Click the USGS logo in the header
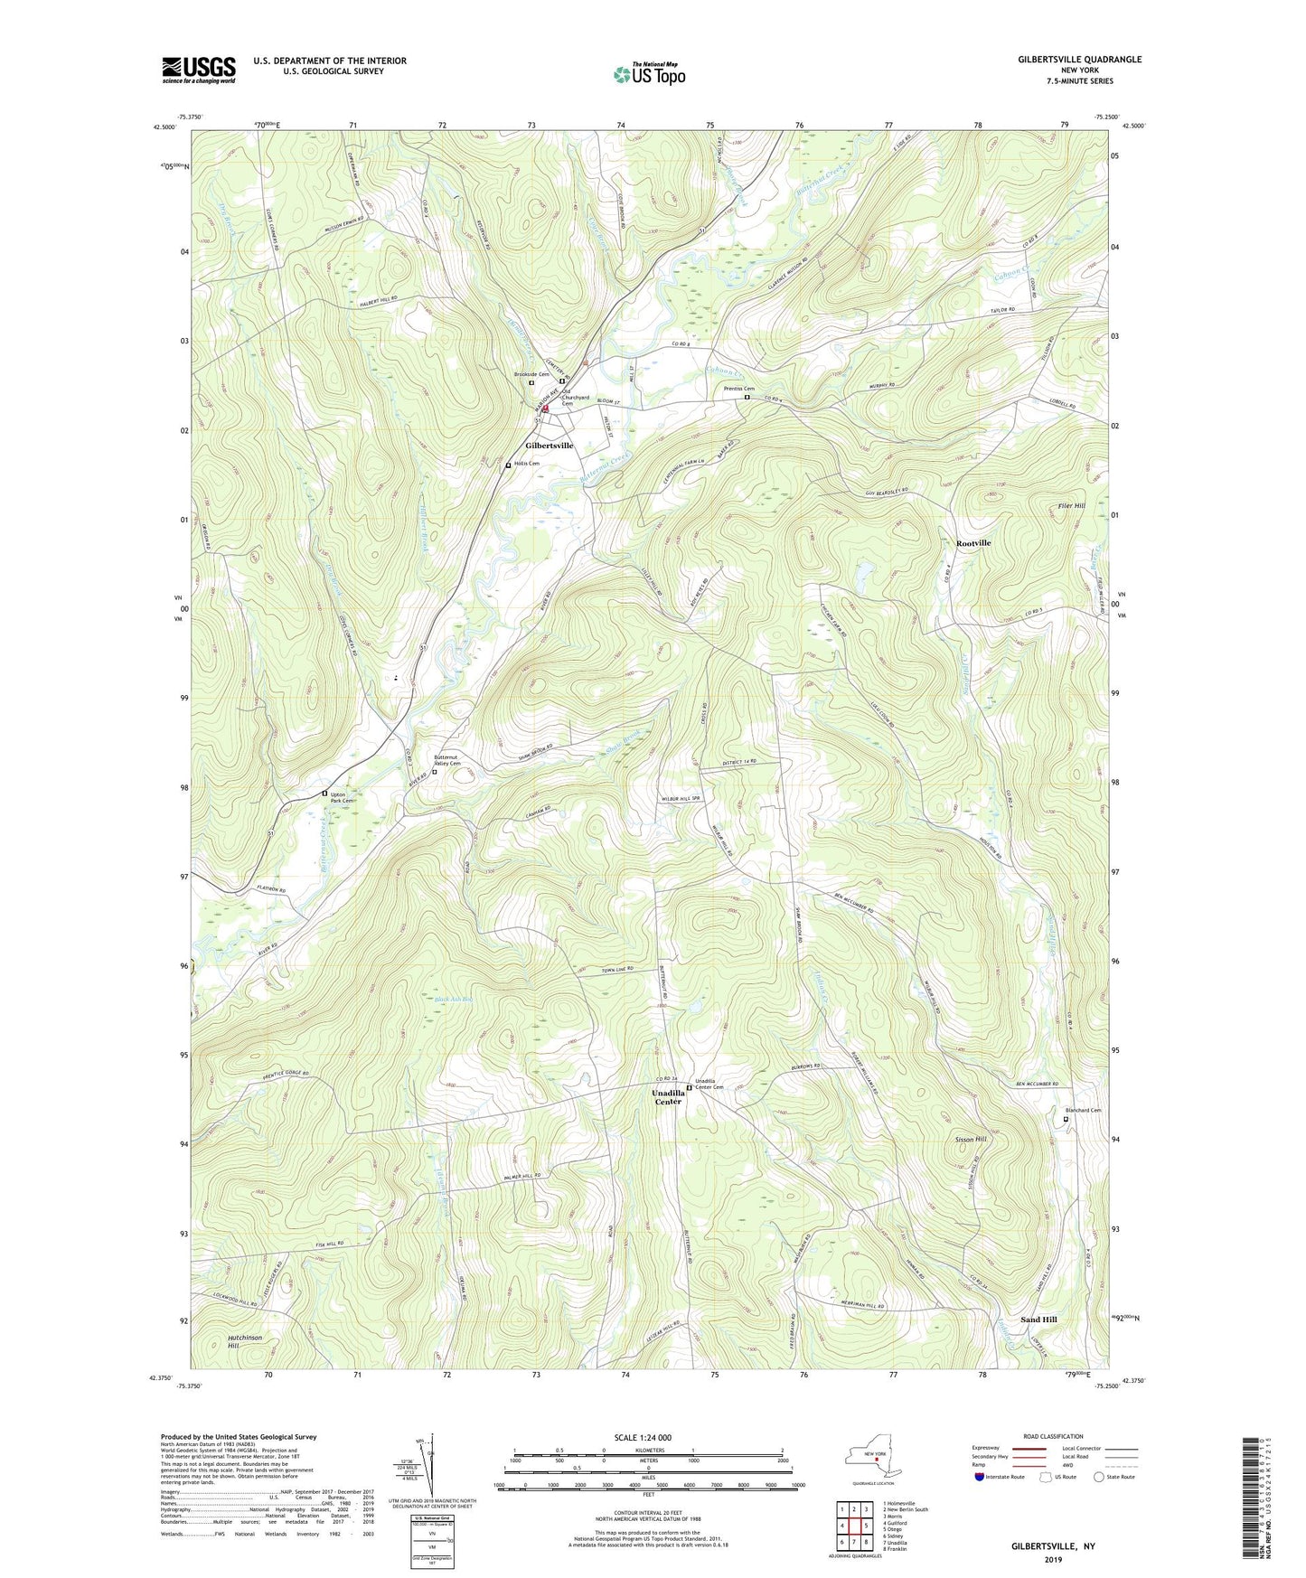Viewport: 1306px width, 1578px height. (199, 70)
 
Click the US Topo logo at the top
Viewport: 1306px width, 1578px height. (649, 74)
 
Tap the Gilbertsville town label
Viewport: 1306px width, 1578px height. (550, 446)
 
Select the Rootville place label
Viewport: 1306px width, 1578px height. (973, 543)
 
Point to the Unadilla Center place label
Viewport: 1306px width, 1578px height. (668, 1097)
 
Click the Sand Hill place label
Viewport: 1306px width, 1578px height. (1038, 1320)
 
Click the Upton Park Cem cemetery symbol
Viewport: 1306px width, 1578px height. (325, 794)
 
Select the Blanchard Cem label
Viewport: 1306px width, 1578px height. (1084, 1111)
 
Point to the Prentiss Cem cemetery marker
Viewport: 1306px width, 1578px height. (747, 397)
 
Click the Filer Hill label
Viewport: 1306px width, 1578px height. (1071, 506)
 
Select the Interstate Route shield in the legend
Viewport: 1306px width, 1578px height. (980, 1477)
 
